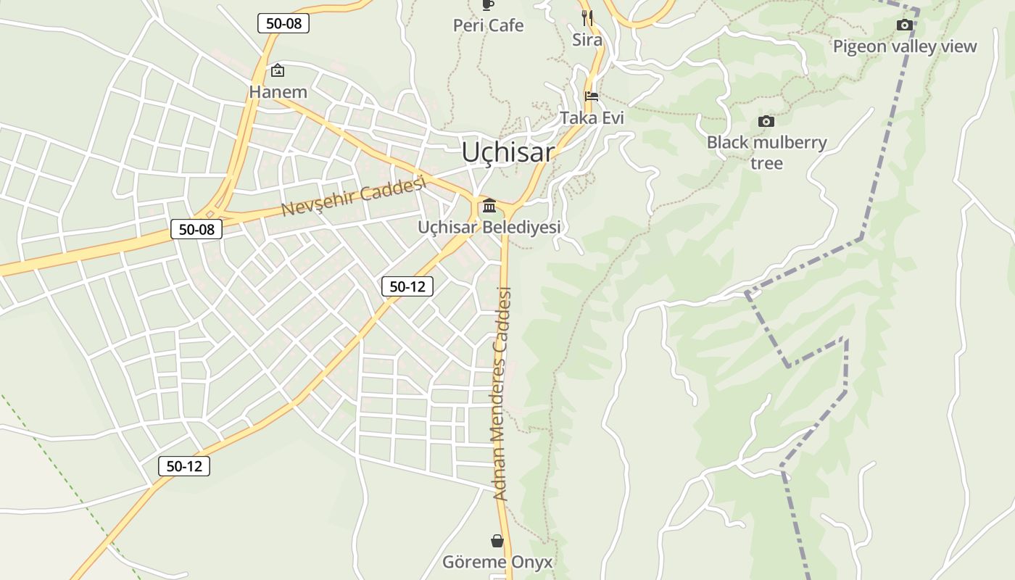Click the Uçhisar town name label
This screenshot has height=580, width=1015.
(508, 152)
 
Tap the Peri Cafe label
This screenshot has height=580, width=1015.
(488, 25)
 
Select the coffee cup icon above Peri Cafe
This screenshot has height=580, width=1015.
(488, 5)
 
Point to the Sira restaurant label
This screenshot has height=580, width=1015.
(587, 40)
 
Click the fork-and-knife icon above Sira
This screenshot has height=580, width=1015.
(587, 17)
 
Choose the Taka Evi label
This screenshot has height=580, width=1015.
(592, 117)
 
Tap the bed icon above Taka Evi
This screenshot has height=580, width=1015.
(592, 96)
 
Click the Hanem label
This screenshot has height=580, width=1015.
(278, 92)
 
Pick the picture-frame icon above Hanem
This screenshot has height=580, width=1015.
(277, 70)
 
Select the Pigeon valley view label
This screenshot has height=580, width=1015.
(905, 46)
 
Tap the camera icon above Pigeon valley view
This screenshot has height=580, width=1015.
(904, 25)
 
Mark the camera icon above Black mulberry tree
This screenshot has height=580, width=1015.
(766, 121)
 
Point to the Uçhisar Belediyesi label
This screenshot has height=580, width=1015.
(489, 227)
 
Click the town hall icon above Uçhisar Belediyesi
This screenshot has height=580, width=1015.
(489, 206)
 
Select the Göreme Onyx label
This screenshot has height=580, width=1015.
(497, 562)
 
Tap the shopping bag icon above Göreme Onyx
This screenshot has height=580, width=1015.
(497, 541)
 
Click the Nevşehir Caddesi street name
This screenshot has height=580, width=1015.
(352, 196)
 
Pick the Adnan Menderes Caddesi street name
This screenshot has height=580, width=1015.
(502, 394)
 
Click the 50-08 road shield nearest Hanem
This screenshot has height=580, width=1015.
(283, 23)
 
